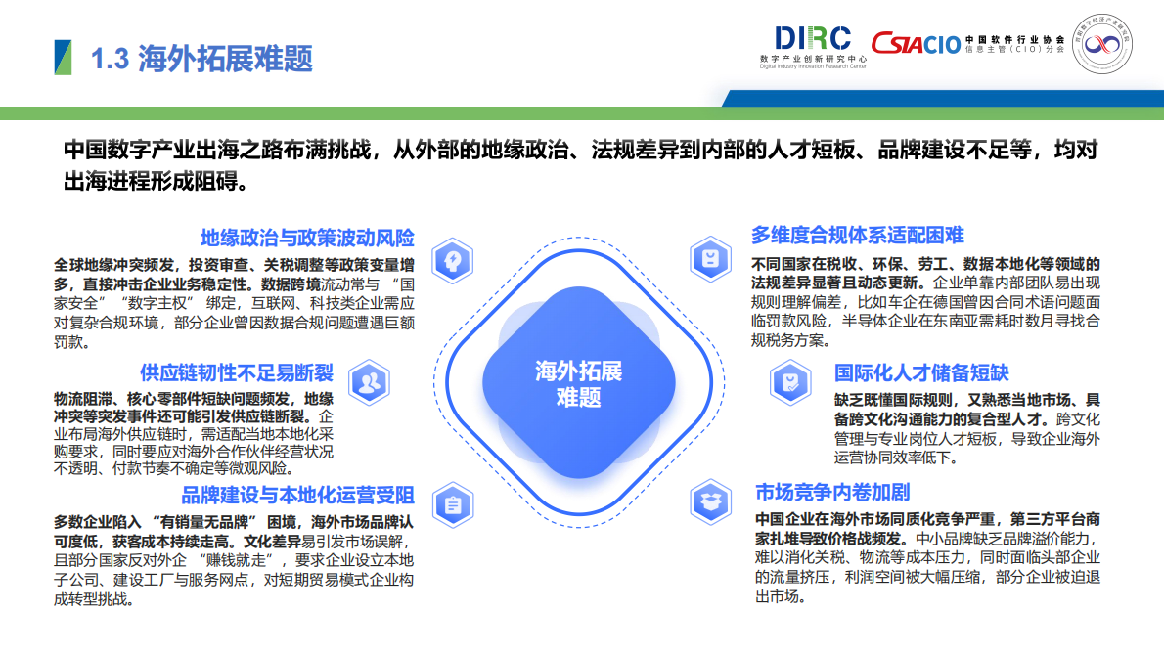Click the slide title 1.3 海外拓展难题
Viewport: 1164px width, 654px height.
click(201, 59)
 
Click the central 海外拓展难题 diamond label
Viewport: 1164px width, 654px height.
click(578, 384)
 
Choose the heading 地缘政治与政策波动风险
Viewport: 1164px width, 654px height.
click(307, 238)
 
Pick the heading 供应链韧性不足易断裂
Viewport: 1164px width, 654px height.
click(237, 373)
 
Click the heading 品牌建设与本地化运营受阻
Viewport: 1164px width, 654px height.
click(297, 495)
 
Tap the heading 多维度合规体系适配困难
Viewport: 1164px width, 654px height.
click(857, 235)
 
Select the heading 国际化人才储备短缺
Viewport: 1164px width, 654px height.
click(921, 373)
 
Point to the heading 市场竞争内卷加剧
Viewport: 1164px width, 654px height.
click(832, 492)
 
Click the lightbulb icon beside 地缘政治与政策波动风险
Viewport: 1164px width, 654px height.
click(453, 259)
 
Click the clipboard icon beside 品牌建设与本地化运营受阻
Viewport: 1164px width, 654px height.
click(452, 505)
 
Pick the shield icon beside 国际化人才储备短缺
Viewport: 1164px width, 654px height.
click(790, 381)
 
